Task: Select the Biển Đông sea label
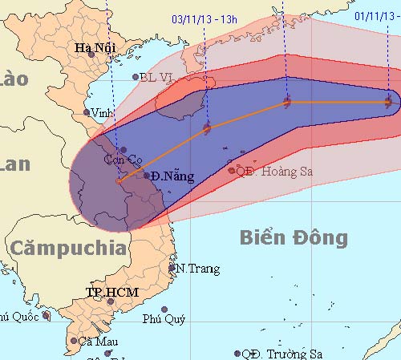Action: pos(294,237)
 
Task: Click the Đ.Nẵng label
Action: pos(172,176)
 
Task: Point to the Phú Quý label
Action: pos(164,319)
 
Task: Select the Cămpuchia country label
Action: pos(68,248)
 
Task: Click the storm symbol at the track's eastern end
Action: pos(389,102)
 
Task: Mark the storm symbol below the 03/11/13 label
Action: pos(208,127)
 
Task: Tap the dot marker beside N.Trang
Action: pos(172,269)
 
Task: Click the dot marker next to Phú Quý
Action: pos(164,309)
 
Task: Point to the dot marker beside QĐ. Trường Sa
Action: pos(237,354)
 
